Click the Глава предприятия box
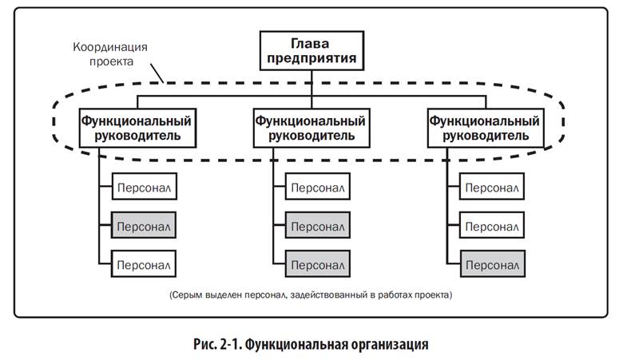pyautogui.click(x=311, y=51)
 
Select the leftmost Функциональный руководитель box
pyautogui.click(x=137, y=128)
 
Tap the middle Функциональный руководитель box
pyautogui.click(x=311, y=128)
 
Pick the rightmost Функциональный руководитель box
pyautogui.click(x=486, y=128)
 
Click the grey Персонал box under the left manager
pyautogui.click(x=144, y=225)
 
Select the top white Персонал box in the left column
pyautogui.click(x=145, y=186)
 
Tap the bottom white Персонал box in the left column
pyautogui.click(x=144, y=263)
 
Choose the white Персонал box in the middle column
pyautogui.click(x=318, y=186)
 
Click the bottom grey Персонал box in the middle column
pyautogui.click(x=318, y=263)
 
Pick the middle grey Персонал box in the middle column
pyautogui.click(x=318, y=225)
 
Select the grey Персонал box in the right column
pyautogui.click(x=492, y=263)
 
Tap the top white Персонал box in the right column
pyautogui.click(x=492, y=186)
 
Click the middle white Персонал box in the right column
pyautogui.click(x=492, y=225)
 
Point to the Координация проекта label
pyautogui.click(x=110, y=54)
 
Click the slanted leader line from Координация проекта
pyautogui.click(x=157, y=73)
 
